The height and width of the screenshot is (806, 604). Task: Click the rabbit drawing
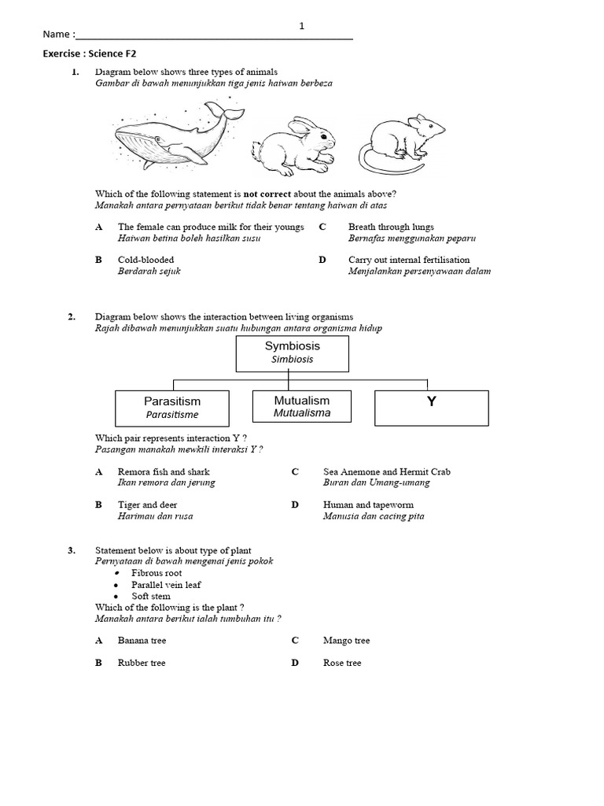click(x=294, y=145)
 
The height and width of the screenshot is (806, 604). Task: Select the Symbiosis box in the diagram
click(x=293, y=352)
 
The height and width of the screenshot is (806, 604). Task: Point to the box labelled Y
click(x=431, y=407)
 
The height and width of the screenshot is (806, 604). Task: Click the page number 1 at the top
click(x=301, y=26)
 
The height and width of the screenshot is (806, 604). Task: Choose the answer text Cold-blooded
click(x=146, y=260)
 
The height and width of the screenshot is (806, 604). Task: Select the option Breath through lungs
click(x=391, y=227)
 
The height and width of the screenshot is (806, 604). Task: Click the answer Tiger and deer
click(x=147, y=505)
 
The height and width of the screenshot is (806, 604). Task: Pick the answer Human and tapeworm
click(x=368, y=505)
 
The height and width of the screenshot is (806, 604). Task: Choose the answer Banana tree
click(x=142, y=641)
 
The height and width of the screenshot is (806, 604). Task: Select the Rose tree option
click(x=342, y=663)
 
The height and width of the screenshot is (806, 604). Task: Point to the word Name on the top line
click(x=56, y=35)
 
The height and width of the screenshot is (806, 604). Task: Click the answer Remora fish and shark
click(x=164, y=471)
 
